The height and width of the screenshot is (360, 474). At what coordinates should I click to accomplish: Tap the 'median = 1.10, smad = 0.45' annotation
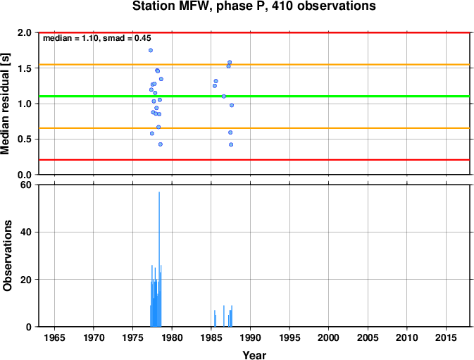[x=97, y=38]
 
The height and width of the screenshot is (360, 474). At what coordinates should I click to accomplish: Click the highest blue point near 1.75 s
[x=151, y=50]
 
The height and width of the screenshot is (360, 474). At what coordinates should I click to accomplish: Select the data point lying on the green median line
[x=224, y=96]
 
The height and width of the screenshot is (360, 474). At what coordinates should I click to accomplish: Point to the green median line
[x=254, y=96]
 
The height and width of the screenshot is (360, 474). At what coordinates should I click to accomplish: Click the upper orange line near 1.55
[x=254, y=64]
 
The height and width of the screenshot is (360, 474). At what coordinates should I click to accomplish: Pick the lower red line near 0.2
[x=254, y=160]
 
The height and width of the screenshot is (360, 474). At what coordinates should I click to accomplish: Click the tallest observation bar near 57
[x=159, y=259]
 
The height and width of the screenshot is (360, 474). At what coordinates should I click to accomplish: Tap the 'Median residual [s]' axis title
[x=6, y=104]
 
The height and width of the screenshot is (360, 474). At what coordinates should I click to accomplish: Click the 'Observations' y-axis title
[x=7, y=256]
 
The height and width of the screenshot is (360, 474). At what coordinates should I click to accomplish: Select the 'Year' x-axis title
[x=254, y=354]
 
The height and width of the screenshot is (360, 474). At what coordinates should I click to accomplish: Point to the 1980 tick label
[x=172, y=337]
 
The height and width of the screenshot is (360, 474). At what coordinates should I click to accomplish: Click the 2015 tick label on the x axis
[x=446, y=337]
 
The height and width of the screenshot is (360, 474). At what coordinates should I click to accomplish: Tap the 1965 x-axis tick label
[x=54, y=337]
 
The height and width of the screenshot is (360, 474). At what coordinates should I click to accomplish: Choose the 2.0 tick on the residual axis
[x=25, y=32]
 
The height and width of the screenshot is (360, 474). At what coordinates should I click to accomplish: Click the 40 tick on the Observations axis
[x=26, y=232]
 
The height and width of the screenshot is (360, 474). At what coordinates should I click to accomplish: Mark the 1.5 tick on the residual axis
[x=25, y=68]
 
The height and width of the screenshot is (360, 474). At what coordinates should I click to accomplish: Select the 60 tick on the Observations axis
[x=26, y=185]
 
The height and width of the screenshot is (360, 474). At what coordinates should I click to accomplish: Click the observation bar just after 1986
[x=224, y=316]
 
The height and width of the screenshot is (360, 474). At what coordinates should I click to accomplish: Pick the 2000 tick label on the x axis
[x=329, y=337]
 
